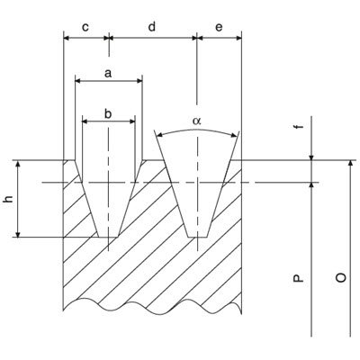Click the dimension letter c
click(x=85, y=27)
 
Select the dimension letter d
click(x=152, y=26)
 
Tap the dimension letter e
click(x=219, y=27)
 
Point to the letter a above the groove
click(x=108, y=73)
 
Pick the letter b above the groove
click(x=108, y=113)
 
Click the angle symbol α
click(x=197, y=121)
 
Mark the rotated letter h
click(x=9, y=199)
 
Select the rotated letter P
click(x=298, y=278)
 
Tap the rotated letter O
click(x=341, y=278)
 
